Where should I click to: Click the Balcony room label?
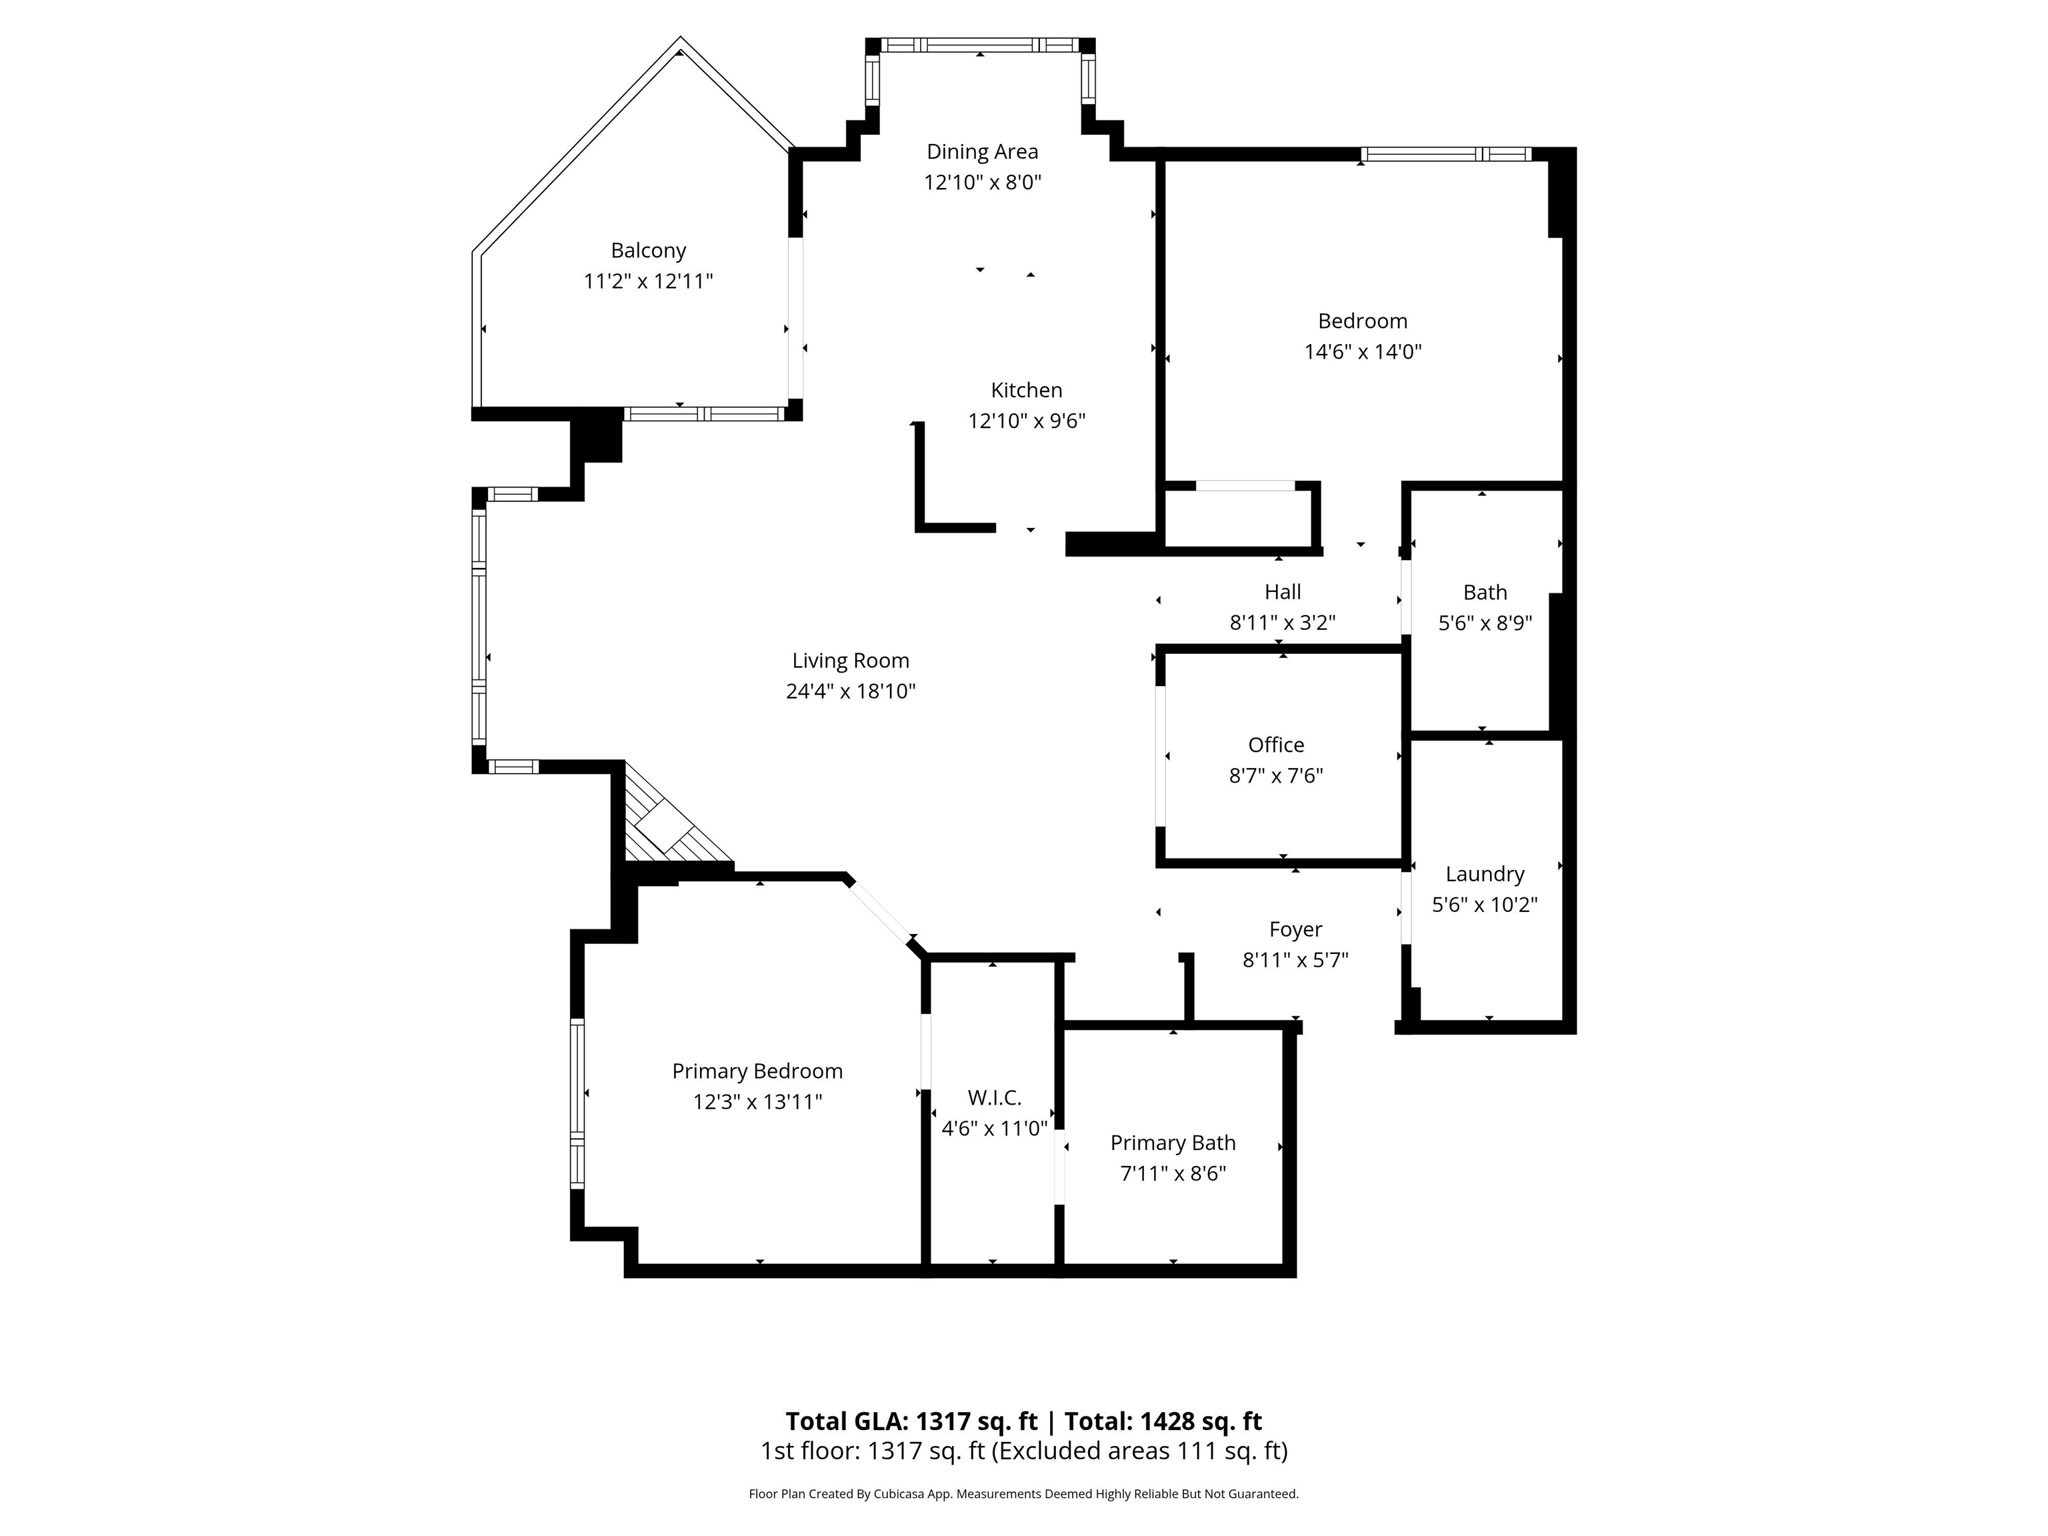point(648,250)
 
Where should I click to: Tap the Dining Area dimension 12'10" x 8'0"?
point(983,183)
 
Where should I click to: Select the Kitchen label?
point(1026,390)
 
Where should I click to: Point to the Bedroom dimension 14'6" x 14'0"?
point(1363,352)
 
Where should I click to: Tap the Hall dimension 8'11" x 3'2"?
point(1282,623)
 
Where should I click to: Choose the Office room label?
point(1276,745)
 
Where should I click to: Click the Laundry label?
point(1484,874)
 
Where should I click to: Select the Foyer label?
point(1295,929)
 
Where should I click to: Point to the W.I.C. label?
point(995,1097)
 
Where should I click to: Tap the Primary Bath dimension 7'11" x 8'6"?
point(1173,1173)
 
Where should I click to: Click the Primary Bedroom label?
point(757,1071)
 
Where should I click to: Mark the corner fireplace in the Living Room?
point(671,819)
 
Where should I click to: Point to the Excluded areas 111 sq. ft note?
point(1140,1451)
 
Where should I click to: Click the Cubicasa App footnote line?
point(1023,1493)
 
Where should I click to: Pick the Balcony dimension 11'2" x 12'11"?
point(648,281)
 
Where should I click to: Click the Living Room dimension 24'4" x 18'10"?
point(850,691)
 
